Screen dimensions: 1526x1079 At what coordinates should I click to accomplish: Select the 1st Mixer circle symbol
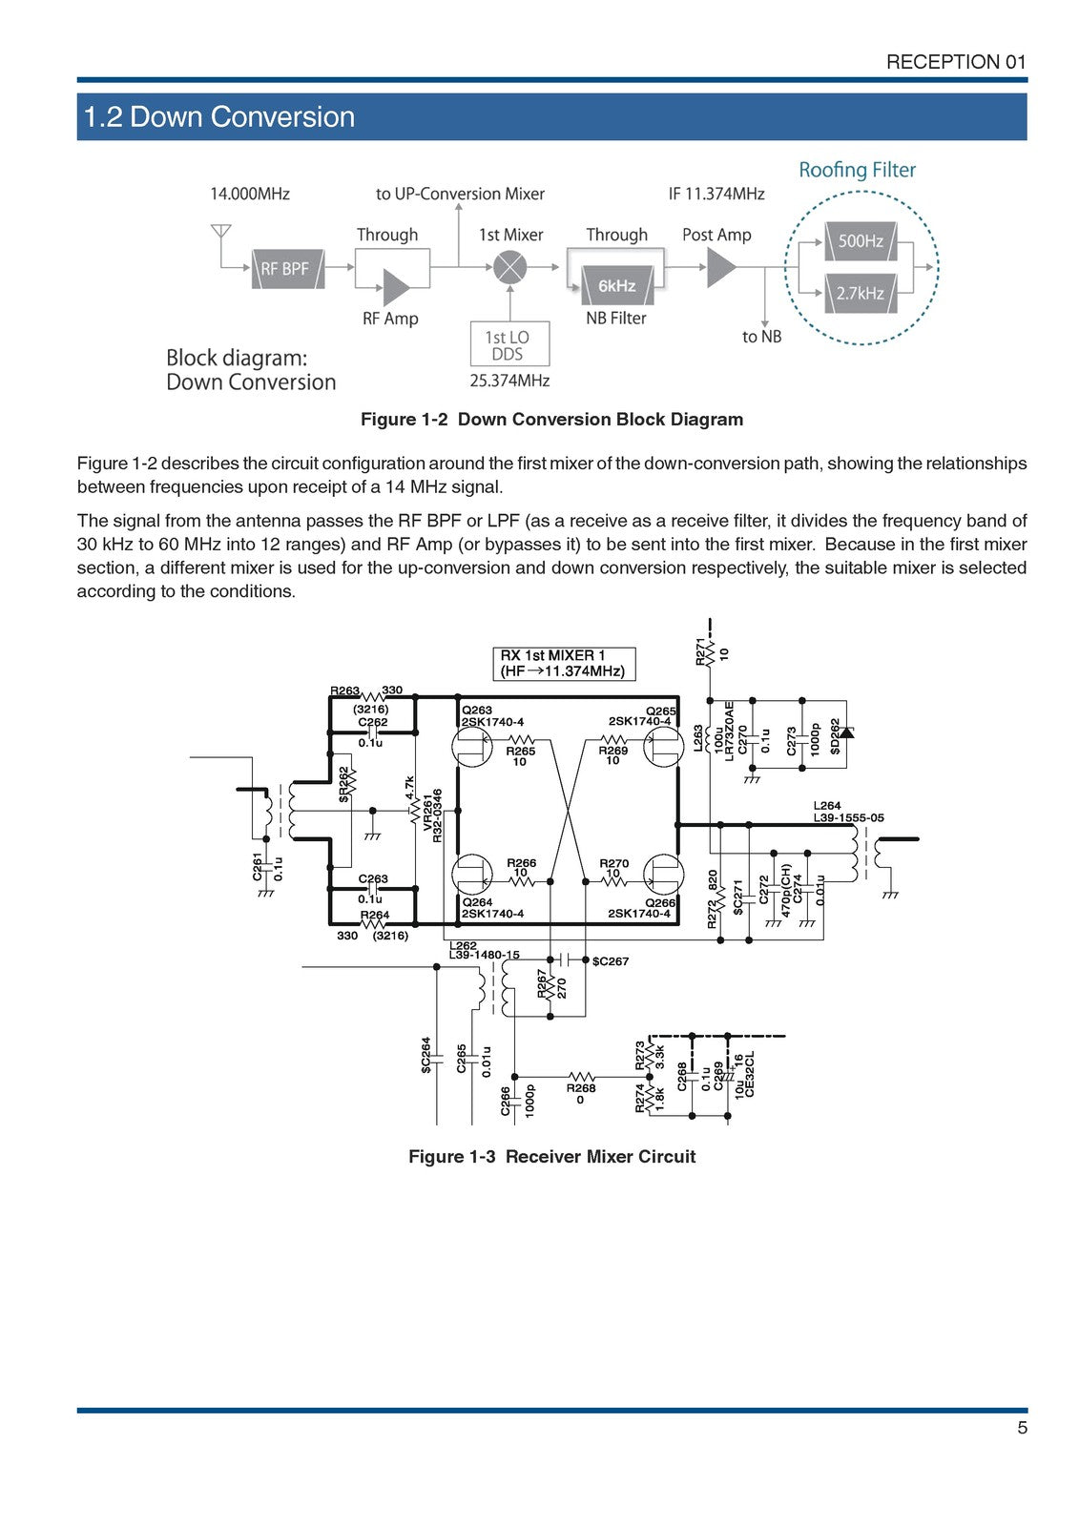(510, 268)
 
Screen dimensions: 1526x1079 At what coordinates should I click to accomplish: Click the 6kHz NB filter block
(616, 285)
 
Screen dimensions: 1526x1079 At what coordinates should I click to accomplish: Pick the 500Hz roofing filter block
(861, 241)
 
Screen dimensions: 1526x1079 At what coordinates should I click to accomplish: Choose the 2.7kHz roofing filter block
(861, 293)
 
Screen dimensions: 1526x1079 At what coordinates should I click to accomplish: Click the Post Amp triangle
(721, 268)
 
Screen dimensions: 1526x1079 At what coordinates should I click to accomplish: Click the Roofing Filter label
(857, 170)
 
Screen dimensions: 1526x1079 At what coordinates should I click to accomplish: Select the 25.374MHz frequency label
(509, 381)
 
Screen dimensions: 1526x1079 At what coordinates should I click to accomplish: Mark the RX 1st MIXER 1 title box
(563, 663)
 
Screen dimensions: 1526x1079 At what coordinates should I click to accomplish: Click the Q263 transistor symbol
(473, 749)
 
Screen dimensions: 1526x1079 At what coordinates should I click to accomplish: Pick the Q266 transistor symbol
(662, 874)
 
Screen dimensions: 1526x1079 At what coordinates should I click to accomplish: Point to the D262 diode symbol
(847, 732)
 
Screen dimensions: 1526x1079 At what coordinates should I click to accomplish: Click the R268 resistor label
(581, 1087)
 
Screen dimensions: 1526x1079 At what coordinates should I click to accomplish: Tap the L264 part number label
(848, 818)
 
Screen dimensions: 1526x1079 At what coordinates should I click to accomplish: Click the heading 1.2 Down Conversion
(219, 117)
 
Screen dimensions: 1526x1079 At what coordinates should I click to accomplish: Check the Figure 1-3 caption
(551, 1156)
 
